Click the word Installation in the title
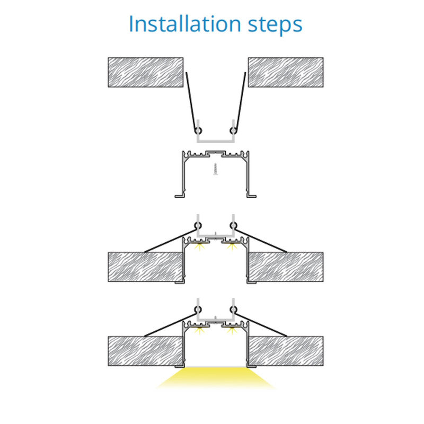click(185, 24)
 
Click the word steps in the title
click(275, 25)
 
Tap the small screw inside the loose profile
click(216, 169)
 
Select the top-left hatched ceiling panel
click(146, 72)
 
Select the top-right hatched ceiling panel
click(286, 72)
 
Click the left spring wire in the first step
click(191, 101)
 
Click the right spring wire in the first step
click(241, 101)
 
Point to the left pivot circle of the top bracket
click(198, 130)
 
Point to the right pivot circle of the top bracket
click(233, 130)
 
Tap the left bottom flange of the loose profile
click(180, 196)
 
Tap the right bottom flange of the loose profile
click(251, 196)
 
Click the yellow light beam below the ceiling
click(216, 378)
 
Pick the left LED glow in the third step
click(200, 246)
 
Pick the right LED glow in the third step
click(232, 246)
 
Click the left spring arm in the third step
click(170, 241)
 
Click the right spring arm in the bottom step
click(261, 325)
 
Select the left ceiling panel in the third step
click(146, 267)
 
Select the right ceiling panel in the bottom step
click(286, 351)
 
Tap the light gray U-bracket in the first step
click(216, 140)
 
